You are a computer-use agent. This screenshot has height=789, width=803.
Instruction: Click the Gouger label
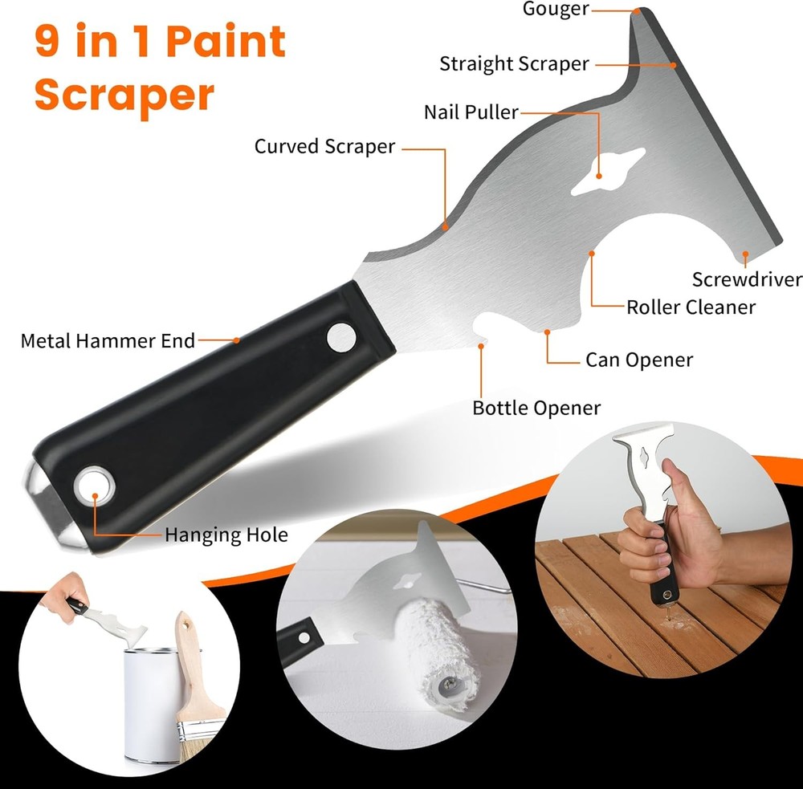coord(556,10)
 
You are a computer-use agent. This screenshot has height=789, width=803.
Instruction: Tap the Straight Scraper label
coord(514,64)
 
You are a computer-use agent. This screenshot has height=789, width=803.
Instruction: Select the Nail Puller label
coord(471,112)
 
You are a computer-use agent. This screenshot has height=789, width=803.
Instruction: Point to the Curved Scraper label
coord(324,147)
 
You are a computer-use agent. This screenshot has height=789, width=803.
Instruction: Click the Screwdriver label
coord(747,279)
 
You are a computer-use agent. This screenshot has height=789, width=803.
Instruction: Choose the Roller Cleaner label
coord(691,307)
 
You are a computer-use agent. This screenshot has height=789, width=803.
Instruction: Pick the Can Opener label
coord(638,360)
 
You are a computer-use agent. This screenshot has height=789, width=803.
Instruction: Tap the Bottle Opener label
coord(536,408)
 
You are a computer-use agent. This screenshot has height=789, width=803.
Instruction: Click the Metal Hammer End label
coord(108,340)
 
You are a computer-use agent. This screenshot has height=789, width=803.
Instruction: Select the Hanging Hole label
coord(226,535)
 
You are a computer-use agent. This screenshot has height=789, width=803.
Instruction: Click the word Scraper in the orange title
coord(124,95)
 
